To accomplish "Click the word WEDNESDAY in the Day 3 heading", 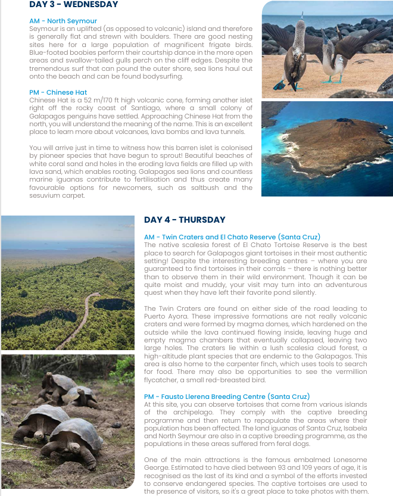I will point(91,5).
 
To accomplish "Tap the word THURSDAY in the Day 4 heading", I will point(202,220).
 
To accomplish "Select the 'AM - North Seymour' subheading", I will point(63,21).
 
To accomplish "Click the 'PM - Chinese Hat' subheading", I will point(58,92).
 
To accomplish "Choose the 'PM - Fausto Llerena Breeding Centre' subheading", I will point(235,397).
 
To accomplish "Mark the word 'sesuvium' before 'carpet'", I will point(43,195).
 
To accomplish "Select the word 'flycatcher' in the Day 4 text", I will point(163,380).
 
